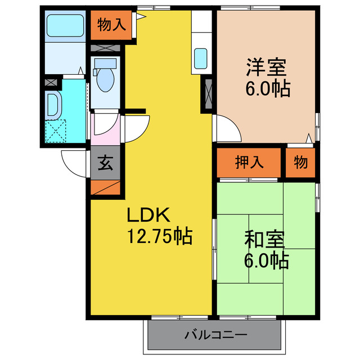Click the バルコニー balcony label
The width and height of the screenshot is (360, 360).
(215, 335)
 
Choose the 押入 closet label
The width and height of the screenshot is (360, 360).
(249, 163)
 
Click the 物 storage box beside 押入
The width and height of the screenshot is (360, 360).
(300, 163)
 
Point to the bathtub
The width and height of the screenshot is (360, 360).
(64, 25)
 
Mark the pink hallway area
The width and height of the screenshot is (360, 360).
(105, 132)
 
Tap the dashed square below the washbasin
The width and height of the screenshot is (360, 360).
(56, 131)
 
